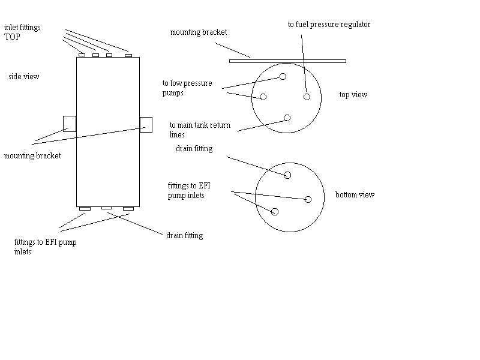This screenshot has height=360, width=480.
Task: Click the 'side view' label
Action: point(24,77)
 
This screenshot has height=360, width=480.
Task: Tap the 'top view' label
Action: point(353,95)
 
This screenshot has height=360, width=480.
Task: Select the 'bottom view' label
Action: point(355,195)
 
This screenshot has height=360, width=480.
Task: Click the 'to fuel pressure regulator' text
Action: point(329,25)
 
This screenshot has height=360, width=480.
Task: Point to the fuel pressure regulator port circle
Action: point(307,97)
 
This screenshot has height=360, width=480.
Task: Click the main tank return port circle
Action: point(287,118)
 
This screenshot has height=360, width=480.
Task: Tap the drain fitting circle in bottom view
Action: point(287,175)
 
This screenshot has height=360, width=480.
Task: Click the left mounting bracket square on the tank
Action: point(70,124)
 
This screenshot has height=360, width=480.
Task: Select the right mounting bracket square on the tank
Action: point(146,124)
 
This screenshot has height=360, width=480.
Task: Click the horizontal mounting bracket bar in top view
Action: point(287,61)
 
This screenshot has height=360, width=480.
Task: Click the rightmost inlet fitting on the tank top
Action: point(128,55)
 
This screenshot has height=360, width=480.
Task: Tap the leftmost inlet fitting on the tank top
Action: point(82,55)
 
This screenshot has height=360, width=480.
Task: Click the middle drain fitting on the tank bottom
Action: point(106,208)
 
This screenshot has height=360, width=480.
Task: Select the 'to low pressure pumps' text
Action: point(187,88)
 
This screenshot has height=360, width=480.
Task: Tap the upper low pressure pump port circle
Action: point(283,76)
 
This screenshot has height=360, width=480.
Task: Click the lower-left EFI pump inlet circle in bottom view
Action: point(275,211)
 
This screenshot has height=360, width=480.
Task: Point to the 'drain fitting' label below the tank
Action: point(184,236)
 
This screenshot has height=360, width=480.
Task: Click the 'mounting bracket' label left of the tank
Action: point(32,156)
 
